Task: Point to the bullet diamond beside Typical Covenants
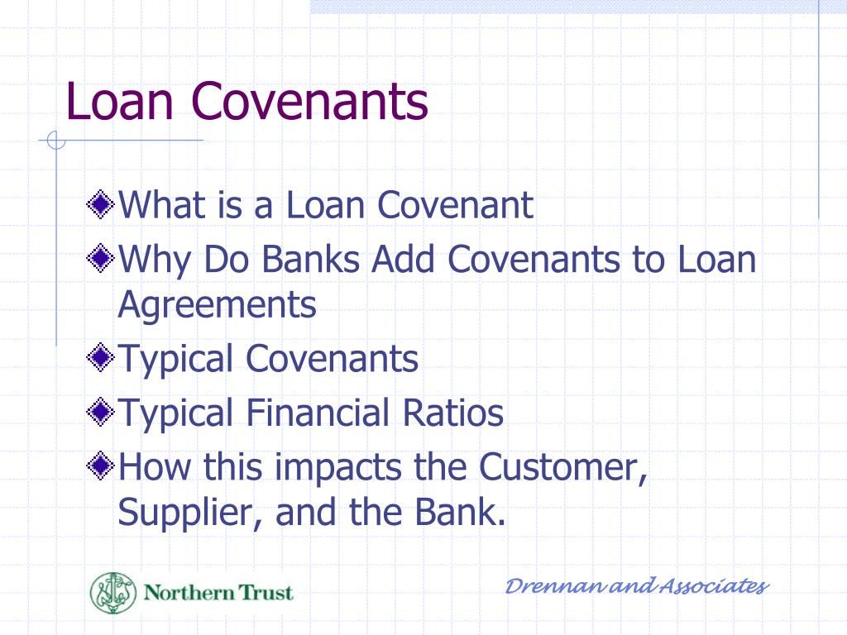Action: point(101,359)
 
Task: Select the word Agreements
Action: point(217,305)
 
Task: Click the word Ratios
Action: point(458,413)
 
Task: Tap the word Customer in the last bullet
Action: point(562,468)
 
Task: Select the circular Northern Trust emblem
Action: point(113,593)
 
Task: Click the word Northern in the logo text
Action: point(178,593)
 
